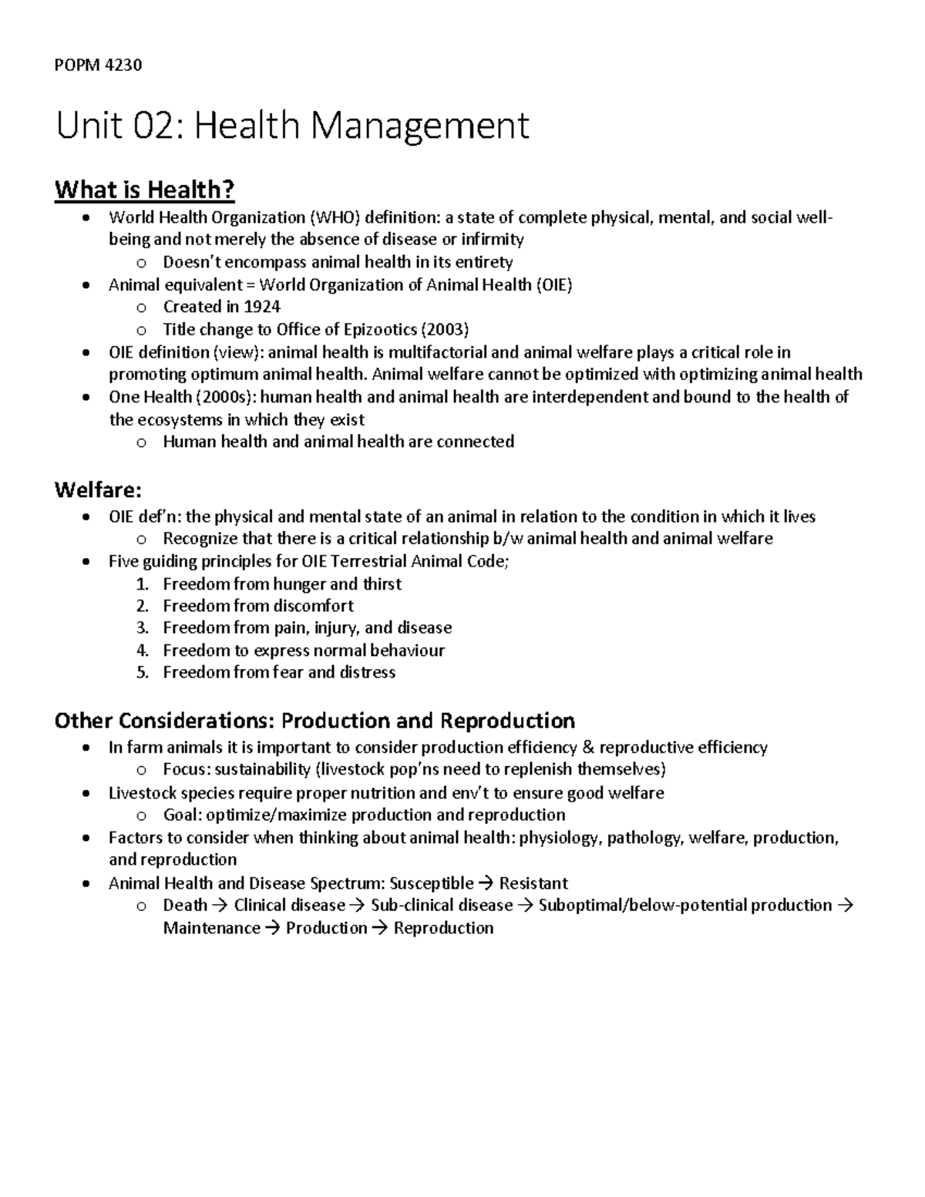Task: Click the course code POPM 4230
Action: [x=98, y=65]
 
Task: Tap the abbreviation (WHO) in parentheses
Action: [x=335, y=217]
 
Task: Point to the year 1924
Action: [x=262, y=307]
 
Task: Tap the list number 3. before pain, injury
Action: [x=142, y=627]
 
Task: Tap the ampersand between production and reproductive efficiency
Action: [x=588, y=747]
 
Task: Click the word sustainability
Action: [x=262, y=769]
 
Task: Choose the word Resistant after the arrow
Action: [x=533, y=883]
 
